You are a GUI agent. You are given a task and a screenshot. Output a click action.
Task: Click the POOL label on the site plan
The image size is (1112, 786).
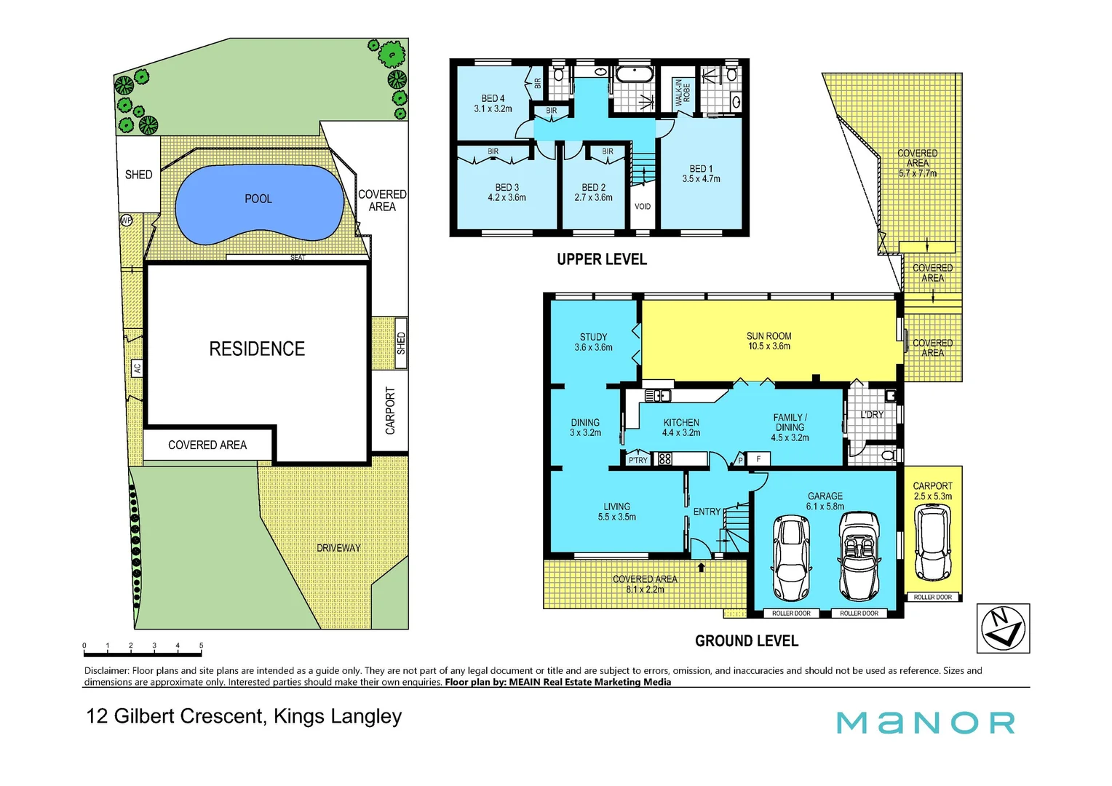(258, 199)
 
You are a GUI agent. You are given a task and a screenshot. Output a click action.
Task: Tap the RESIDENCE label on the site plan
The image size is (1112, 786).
(257, 349)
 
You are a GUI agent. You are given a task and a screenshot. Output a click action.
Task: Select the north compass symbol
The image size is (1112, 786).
(1003, 628)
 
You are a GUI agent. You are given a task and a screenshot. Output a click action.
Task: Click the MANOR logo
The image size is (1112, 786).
(925, 723)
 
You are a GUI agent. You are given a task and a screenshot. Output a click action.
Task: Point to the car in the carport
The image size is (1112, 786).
(932, 542)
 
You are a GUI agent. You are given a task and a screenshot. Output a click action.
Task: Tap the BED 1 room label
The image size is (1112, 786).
(701, 173)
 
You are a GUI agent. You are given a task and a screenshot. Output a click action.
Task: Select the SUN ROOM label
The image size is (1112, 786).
(769, 341)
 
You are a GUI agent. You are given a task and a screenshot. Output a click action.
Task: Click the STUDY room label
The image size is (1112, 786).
(593, 342)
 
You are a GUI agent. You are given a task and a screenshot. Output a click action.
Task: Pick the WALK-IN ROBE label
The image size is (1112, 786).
(683, 93)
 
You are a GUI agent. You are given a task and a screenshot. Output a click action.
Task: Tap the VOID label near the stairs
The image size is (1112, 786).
(643, 207)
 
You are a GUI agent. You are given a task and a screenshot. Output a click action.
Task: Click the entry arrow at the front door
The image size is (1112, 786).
(702, 567)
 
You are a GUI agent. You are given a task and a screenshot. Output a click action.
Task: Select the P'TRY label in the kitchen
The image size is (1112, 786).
(638, 460)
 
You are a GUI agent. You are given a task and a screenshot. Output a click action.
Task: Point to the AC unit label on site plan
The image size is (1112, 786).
(137, 368)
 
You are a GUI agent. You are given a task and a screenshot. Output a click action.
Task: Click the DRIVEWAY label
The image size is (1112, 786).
(338, 548)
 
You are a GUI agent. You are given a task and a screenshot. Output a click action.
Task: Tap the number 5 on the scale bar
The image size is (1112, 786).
(201, 646)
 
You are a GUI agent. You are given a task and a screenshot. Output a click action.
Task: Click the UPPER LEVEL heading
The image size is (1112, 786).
(601, 260)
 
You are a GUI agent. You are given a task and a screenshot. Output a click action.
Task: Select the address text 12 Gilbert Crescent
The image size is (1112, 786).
(175, 716)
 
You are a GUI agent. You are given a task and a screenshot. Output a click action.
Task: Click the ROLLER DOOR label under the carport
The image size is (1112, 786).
(932, 597)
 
